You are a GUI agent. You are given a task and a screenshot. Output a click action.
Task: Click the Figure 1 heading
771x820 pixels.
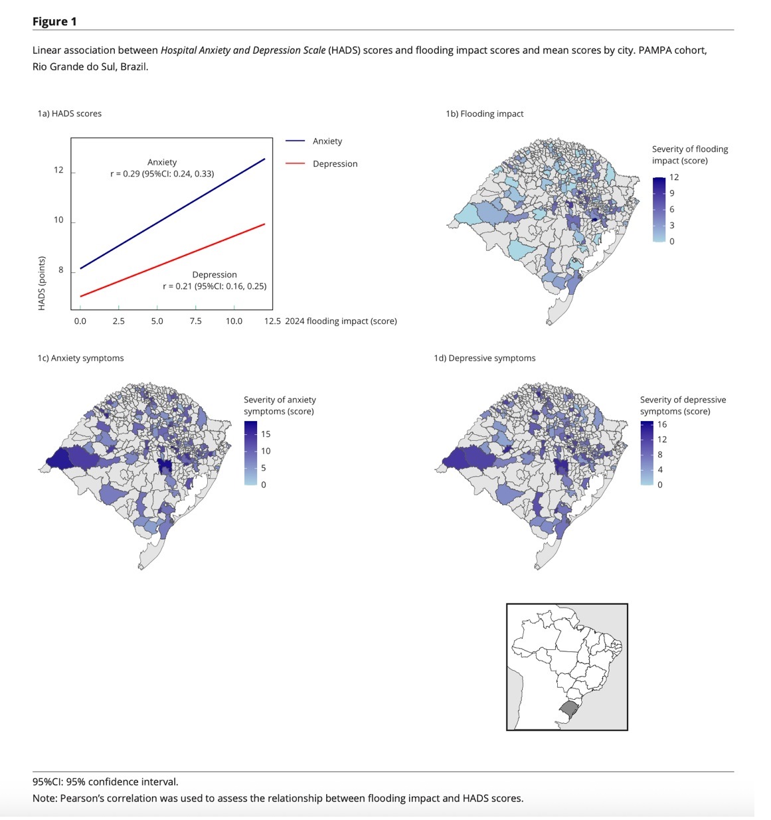(54, 21)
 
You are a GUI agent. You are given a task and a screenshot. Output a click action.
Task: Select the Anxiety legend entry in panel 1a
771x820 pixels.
(327, 141)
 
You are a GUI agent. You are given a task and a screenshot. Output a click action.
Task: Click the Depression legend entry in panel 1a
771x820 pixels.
(335, 164)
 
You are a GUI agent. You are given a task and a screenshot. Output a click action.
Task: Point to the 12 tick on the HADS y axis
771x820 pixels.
(59, 170)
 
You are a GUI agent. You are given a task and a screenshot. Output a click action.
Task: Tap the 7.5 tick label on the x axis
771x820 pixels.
(195, 321)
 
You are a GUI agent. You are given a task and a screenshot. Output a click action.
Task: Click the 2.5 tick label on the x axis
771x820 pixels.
(118, 321)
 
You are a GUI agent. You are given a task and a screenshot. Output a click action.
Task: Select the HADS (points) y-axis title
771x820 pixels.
(42, 283)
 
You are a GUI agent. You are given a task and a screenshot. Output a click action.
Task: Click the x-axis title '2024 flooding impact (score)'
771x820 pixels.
(341, 321)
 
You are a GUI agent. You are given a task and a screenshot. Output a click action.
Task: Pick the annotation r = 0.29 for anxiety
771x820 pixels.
(162, 174)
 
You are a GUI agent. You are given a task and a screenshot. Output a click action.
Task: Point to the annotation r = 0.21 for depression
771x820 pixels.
(214, 286)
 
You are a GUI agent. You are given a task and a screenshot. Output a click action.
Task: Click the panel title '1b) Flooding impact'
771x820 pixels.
(485, 114)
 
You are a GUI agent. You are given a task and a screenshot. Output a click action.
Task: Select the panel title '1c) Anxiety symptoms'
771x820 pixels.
(80, 358)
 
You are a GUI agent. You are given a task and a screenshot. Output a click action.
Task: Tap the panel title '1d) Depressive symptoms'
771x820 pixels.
(485, 358)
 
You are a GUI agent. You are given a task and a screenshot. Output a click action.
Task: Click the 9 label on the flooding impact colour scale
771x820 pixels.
(671, 193)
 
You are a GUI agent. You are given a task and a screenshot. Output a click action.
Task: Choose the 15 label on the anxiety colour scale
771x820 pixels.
(266, 434)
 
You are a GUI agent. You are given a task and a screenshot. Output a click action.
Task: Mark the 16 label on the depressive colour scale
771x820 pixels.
(662, 425)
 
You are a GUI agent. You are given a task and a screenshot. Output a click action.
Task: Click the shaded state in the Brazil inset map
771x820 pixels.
(569, 708)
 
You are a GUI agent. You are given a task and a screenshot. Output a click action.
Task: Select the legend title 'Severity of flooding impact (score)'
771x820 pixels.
(689, 155)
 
